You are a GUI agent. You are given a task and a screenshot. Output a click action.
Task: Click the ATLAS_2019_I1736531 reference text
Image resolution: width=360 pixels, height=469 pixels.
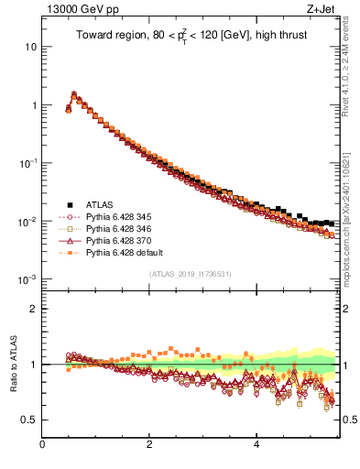tap(191, 274)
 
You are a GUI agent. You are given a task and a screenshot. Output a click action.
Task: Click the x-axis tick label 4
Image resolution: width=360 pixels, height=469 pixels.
tap(256, 445)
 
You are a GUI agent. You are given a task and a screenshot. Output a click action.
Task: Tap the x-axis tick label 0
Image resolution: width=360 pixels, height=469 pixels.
tap(43, 445)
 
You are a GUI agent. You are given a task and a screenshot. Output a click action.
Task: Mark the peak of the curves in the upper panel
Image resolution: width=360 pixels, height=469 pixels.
tap(73, 93)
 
